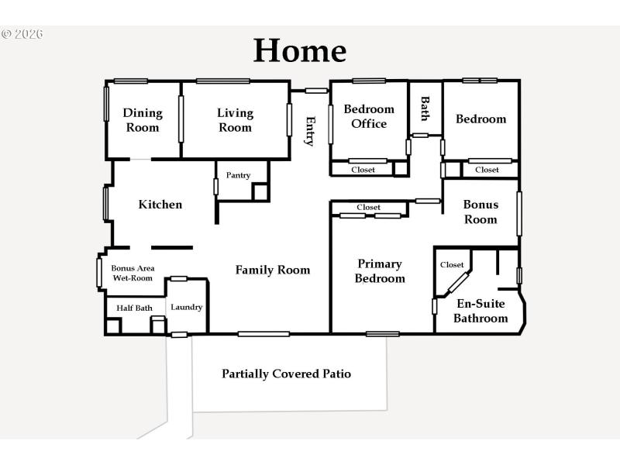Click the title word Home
[x=300, y=51]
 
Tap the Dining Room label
[x=143, y=120]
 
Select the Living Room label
[x=235, y=120]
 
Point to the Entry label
[x=310, y=131]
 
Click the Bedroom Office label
[x=369, y=116]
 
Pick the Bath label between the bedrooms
[x=425, y=108]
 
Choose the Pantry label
[x=239, y=175]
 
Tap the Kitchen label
[x=160, y=205]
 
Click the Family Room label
[x=273, y=270]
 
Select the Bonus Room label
[x=480, y=212]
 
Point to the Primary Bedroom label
[x=380, y=271]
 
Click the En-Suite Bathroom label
[x=480, y=311]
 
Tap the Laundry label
[x=187, y=307]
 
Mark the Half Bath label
[x=134, y=308]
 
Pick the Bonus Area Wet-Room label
[x=132, y=273]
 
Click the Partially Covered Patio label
[x=286, y=374]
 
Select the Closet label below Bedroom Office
[x=363, y=169]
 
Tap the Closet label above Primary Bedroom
[x=369, y=207]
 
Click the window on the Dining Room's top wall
[x=131, y=81]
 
